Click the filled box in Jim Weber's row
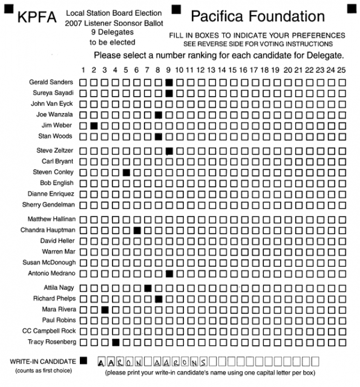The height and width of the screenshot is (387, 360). pyautogui.click(x=94, y=125)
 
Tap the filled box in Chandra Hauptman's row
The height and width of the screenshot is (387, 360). pyautogui.click(x=137, y=230)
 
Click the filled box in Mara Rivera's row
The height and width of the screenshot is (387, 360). pyautogui.click(x=105, y=310)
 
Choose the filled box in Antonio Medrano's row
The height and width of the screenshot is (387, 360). pyautogui.click(x=169, y=274)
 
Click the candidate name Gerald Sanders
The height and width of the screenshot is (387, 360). pyautogui.click(x=51, y=82)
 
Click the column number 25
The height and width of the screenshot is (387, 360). pyautogui.click(x=342, y=70)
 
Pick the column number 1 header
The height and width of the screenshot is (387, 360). pyautogui.click(x=83, y=70)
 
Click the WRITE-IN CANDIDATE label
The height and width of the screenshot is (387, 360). pyautogui.click(x=42, y=361)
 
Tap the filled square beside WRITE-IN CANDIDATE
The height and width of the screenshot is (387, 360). pyautogui.click(x=83, y=360)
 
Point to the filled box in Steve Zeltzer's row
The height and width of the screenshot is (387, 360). pyautogui.click(x=169, y=151)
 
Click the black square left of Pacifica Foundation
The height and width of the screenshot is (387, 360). pyautogui.click(x=176, y=8)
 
